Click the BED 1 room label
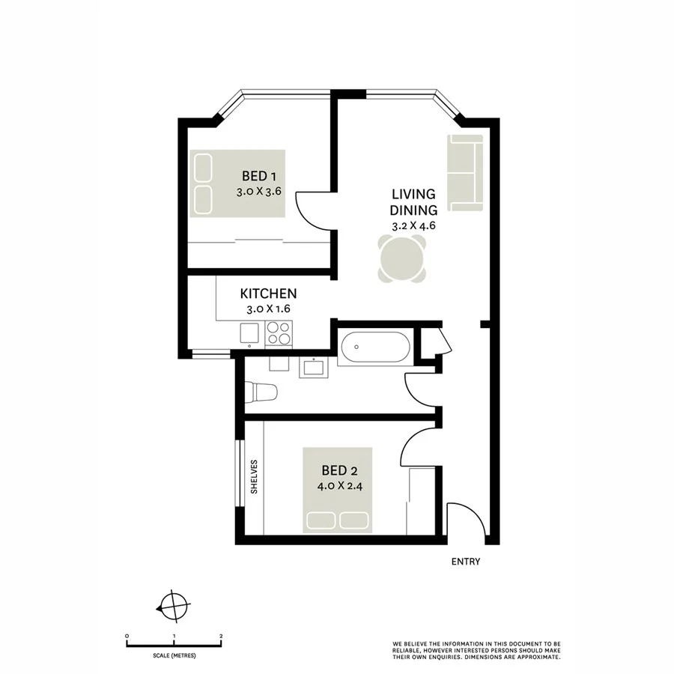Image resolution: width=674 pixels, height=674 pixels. pyautogui.click(x=260, y=177)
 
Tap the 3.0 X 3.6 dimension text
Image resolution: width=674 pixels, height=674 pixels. pyautogui.click(x=258, y=192)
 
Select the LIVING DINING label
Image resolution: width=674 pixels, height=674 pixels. pyautogui.click(x=413, y=201)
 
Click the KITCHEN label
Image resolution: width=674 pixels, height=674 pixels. pyautogui.click(x=268, y=294)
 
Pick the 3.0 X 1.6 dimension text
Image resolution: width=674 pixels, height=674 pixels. pyautogui.click(x=268, y=309)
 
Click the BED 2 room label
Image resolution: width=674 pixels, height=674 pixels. pyautogui.click(x=339, y=470)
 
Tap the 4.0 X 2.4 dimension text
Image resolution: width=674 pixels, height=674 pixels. pyautogui.click(x=339, y=485)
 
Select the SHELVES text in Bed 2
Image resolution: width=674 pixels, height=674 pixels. pyautogui.click(x=255, y=477)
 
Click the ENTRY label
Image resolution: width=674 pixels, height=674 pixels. pyautogui.click(x=466, y=562)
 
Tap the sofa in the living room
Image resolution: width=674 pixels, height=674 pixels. pyautogui.click(x=465, y=172)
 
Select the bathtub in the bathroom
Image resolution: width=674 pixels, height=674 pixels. pyautogui.click(x=374, y=347)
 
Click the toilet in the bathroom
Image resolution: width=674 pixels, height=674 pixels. pyautogui.click(x=261, y=391)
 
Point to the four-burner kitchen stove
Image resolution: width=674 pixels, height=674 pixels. pyautogui.click(x=279, y=333)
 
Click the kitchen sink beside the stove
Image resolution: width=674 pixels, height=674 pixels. pyautogui.click(x=248, y=334)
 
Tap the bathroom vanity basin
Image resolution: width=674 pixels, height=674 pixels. pyautogui.click(x=310, y=368)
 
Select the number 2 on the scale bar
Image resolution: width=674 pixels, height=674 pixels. pyautogui.click(x=221, y=636)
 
